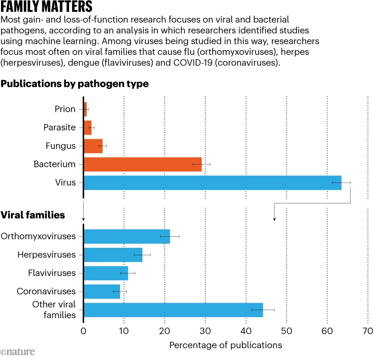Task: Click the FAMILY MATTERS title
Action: [46, 7]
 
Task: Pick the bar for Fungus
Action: [93, 146]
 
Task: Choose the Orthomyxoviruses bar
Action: [127, 236]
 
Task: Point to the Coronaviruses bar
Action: [102, 291]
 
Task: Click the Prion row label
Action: [65, 109]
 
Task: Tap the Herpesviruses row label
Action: [46, 254]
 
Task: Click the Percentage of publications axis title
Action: [226, 345]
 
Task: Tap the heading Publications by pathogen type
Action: [75, 84]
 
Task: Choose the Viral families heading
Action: [33, 215]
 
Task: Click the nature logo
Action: [18, 352]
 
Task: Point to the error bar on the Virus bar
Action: [341, 182]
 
